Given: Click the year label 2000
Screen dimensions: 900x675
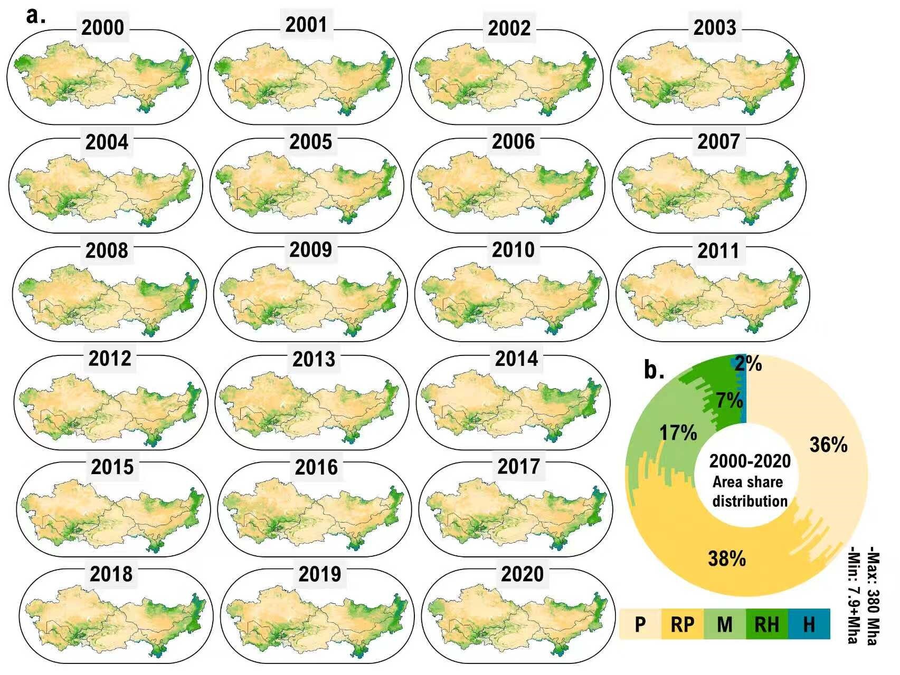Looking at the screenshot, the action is [103, 28].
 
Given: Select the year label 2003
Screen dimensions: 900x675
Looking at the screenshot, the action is [715, 28].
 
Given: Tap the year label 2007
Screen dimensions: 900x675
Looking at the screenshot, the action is [718, 141].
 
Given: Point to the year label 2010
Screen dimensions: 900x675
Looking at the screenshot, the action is [514, 249].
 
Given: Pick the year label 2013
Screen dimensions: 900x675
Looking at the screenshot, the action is [314, 359].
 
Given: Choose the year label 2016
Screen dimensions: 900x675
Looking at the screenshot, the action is [316, 467].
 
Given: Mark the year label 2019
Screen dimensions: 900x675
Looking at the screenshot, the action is [319, 574].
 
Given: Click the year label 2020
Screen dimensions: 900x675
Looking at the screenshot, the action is [522, 574].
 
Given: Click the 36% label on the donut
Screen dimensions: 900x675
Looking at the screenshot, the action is [828, 445].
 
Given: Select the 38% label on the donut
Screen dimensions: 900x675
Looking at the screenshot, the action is [727, 558].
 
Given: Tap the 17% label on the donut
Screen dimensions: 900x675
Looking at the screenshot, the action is [678, 433].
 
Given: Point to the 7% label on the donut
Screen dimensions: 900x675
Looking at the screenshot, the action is [730, 401].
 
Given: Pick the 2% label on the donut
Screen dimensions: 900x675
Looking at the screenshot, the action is [749, 364].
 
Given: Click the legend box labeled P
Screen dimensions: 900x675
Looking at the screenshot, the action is [640, 624].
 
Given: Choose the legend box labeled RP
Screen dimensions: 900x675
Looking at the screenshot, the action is [683, 624].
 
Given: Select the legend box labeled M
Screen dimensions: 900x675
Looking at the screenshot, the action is [725, 624].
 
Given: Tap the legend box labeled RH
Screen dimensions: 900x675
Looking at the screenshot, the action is [767, 624].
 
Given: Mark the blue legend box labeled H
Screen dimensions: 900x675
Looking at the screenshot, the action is [809, 624].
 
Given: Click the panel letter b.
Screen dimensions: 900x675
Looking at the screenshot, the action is [654, 370].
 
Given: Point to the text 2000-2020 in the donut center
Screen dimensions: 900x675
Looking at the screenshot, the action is [750, 461].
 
